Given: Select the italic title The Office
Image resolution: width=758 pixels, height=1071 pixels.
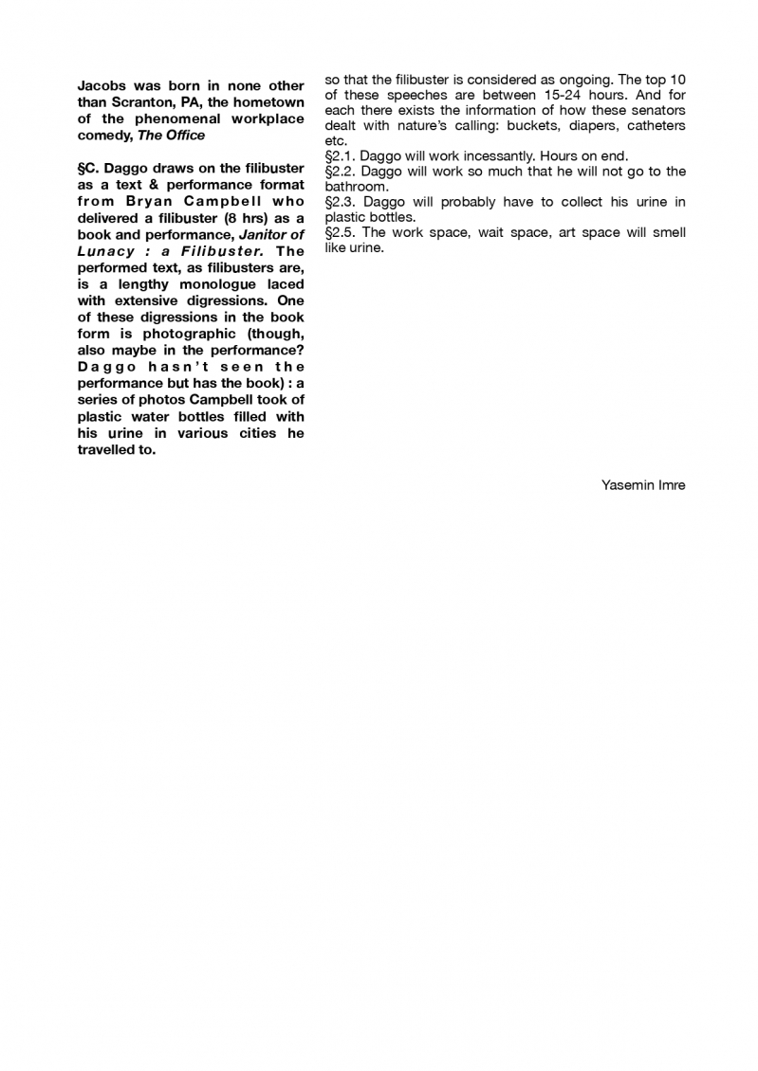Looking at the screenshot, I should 172,136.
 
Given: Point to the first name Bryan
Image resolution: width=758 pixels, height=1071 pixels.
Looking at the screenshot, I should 149,202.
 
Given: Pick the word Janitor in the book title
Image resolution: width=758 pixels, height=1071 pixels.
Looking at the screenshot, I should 267,234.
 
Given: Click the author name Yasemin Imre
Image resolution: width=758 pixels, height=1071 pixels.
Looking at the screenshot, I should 642,485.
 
